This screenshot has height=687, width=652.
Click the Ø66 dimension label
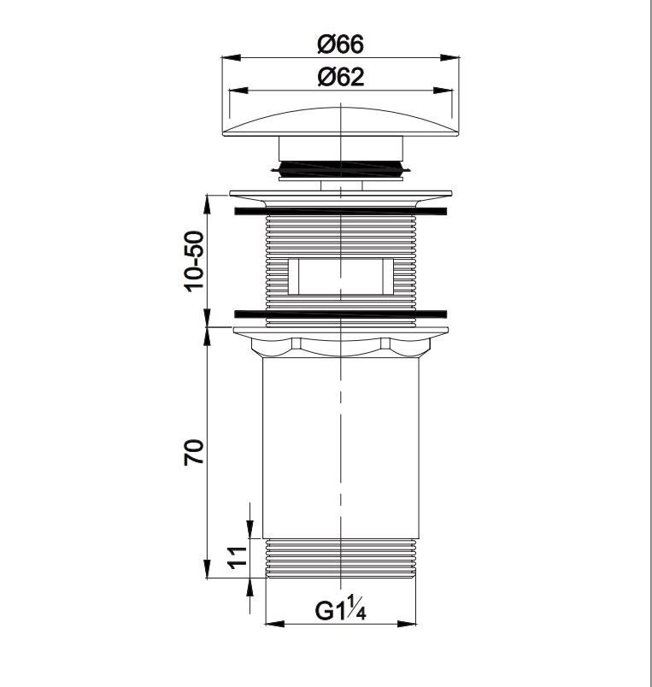(x=340, y=44)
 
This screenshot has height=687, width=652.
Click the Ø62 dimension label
(x=340, y=77)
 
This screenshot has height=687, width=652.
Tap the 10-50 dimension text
(x=194, y=261)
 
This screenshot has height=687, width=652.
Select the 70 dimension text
(x=194, y=452)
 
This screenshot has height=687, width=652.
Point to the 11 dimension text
(x=237, y=557)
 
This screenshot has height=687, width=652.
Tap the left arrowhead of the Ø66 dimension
(x=232, y=57)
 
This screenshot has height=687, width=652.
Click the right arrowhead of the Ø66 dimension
(x=449, y=57)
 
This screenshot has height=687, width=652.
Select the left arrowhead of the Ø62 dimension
(x=239, y=91)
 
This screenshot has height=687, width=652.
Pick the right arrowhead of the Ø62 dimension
(x=443, y=91)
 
